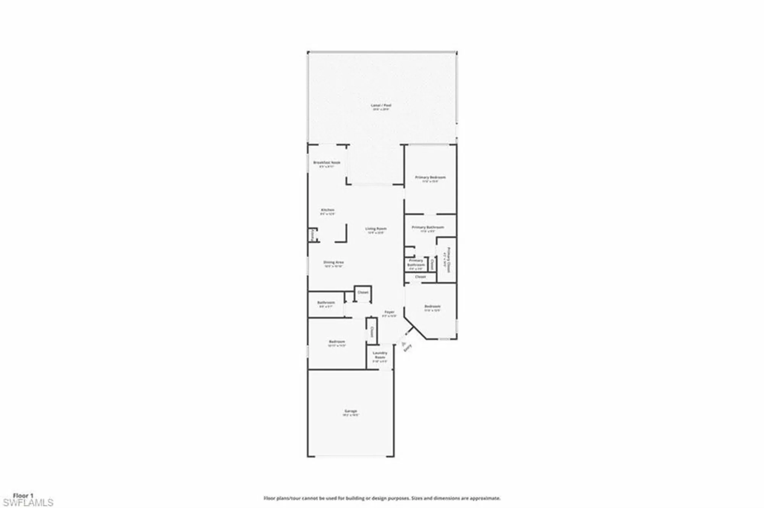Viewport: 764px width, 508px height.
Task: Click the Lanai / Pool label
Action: (381, 105)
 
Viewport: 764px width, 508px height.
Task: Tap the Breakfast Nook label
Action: (327, 162)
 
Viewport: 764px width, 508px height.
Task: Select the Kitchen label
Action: (327, 210)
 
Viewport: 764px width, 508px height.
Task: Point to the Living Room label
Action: (376, 228)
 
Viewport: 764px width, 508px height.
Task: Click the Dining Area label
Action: (333, 262)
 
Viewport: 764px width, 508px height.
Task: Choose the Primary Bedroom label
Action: (430, 177)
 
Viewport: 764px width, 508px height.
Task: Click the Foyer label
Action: (389, 312)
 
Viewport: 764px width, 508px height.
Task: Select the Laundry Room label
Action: (380, 355)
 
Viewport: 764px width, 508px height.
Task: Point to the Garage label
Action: (351, 411)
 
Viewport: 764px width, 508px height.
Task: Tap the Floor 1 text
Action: (23, 496)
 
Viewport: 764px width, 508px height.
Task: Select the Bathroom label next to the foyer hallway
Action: (326, 303)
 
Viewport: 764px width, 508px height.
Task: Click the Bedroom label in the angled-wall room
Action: (432, 306)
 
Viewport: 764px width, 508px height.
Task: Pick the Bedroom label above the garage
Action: (337, 341)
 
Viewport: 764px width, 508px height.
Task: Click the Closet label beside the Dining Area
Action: (363, 292)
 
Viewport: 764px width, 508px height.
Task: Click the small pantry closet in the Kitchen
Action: (313, 235)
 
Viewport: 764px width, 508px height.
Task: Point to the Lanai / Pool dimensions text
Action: (381, 110)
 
